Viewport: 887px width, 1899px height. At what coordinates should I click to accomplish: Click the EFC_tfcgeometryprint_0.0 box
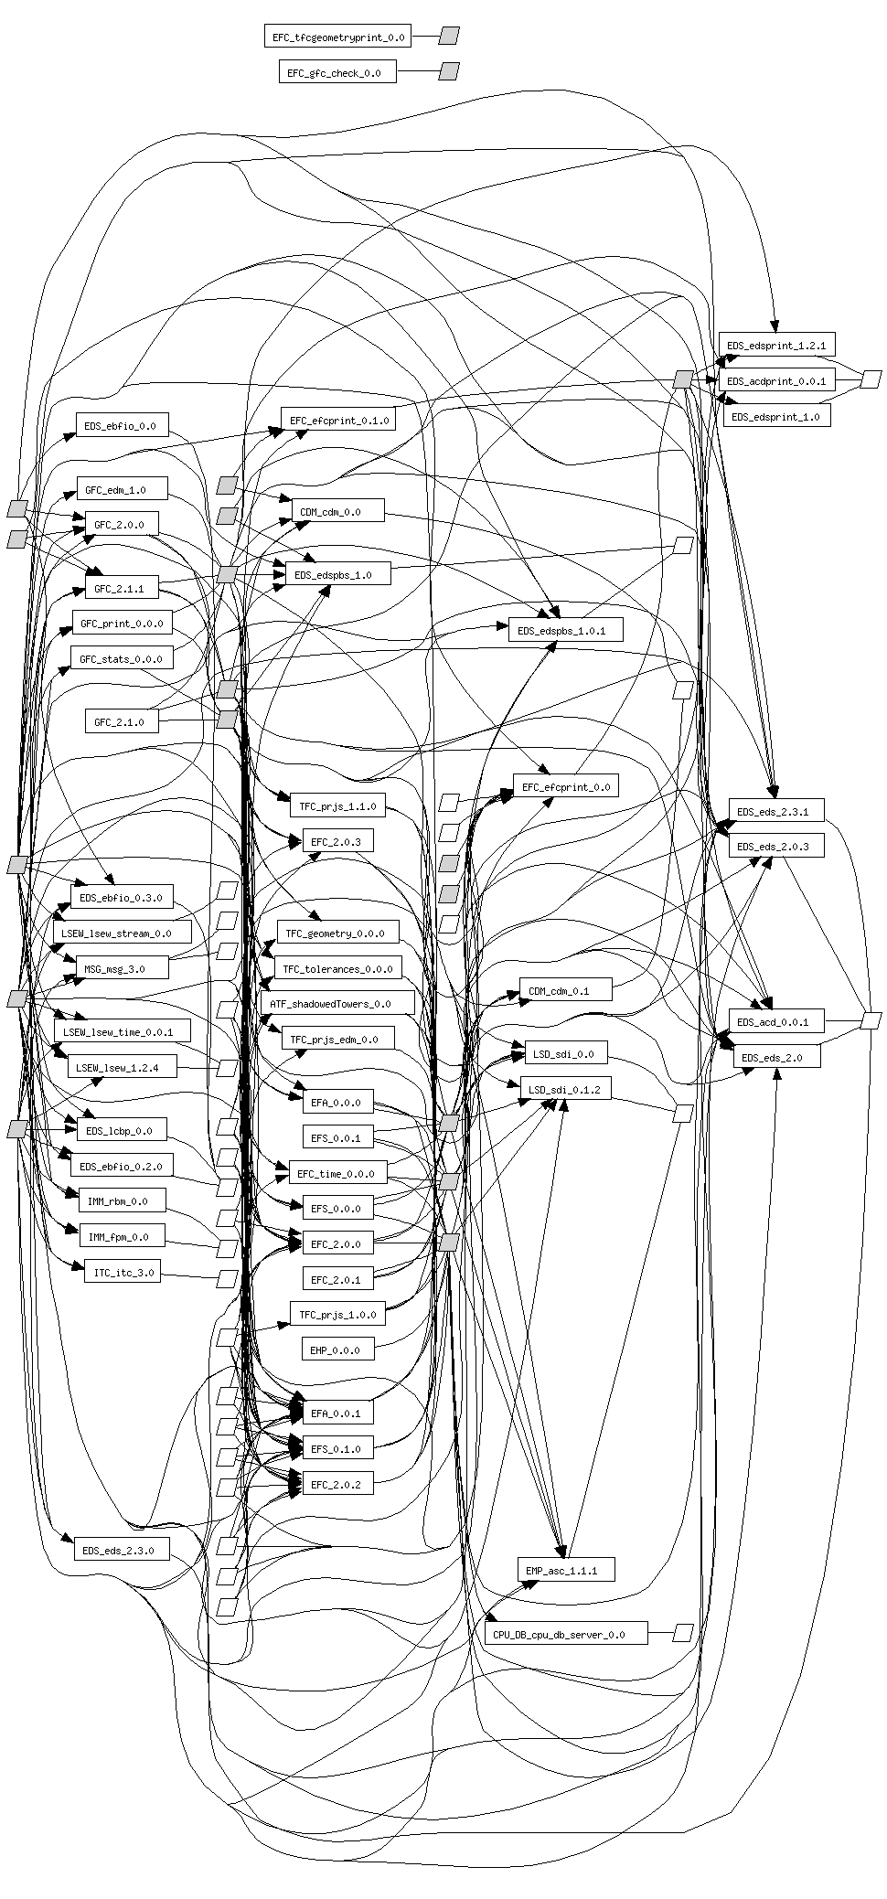(x=337, y=37)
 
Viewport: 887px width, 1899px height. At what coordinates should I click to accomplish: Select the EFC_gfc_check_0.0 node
(x=337, y=72)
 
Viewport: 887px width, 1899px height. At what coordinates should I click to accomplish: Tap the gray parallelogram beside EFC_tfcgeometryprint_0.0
(x=448, y=36)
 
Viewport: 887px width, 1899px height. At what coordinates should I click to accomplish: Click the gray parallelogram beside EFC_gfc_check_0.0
(x=448, y=71)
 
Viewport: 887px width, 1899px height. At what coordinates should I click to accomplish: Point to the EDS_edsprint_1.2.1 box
(x=776, y=345)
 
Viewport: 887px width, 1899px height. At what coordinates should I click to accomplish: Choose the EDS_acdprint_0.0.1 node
(x=776, y=380)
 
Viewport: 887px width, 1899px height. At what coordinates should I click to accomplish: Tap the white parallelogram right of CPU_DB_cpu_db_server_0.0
(x=683, y=1632)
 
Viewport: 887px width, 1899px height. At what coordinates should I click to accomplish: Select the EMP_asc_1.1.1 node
(x=565, y=1570)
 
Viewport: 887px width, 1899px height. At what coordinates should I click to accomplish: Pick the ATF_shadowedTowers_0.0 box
(x=337, y=1003)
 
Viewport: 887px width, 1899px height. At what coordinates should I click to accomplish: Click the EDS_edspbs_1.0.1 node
(x=565, y=630)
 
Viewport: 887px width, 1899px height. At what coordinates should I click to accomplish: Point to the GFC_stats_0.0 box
(x=121, y=658)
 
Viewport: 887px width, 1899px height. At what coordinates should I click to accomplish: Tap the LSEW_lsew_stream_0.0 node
(x=122, y=933)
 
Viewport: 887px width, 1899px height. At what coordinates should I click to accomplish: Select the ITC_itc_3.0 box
(x=122, y=1271)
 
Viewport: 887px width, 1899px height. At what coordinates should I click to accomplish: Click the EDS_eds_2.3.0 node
(x=121, y=1550)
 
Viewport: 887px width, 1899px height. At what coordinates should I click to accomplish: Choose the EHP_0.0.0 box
(x=337, y=1350)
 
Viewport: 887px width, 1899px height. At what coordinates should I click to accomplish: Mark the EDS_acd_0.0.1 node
(x=776, y=1021)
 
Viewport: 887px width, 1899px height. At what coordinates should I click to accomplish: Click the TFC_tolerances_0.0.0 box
(x=337, y=968)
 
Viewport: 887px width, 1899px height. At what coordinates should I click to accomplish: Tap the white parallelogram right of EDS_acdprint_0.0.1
(x=871, y=379)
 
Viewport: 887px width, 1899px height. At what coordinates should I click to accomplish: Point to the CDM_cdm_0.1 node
(x=565, y=990)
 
